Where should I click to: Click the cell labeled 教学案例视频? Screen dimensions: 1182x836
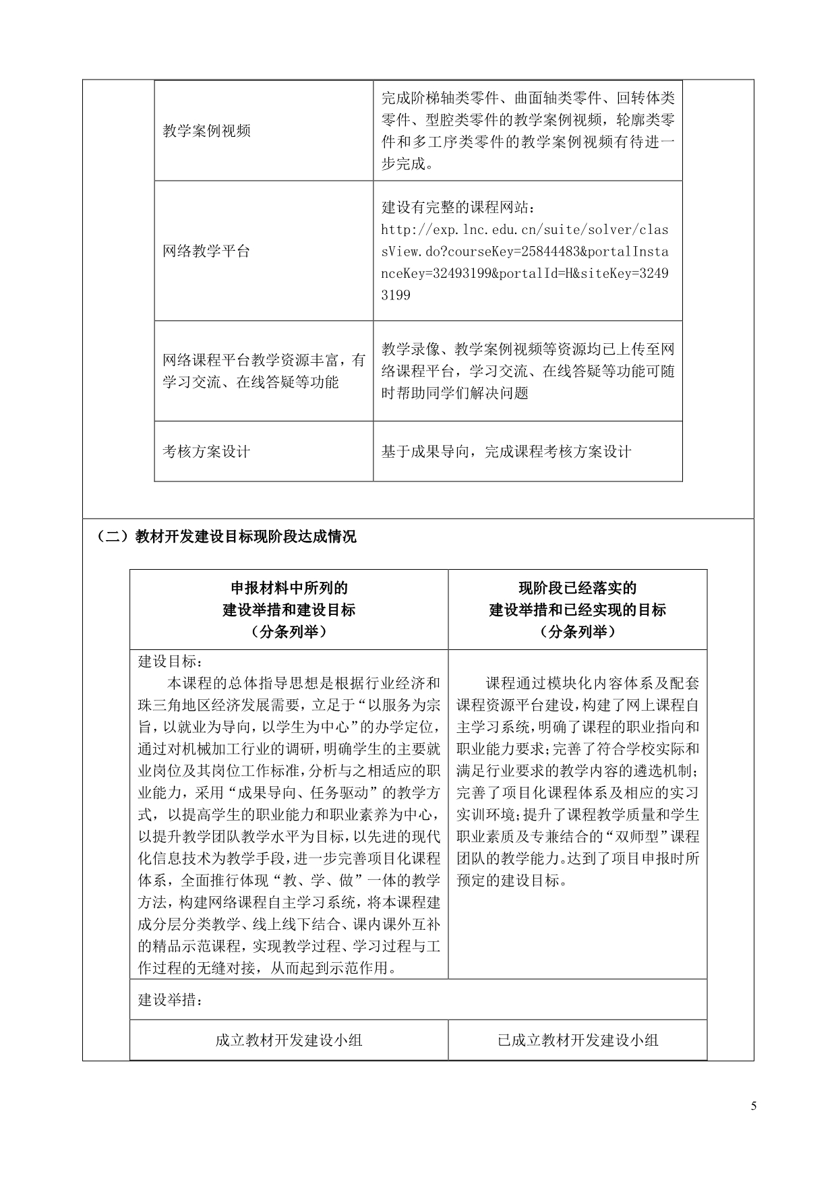[x=206, y=131]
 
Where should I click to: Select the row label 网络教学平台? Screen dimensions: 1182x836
[x=206, y=252]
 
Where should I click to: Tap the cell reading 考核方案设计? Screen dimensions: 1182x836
[x=206, y=452]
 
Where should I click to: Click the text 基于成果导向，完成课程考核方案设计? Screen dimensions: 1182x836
[x=506, y=452]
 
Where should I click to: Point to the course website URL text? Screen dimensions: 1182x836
[x=525, y=262]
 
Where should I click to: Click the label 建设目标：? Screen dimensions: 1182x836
[x=165, y=661]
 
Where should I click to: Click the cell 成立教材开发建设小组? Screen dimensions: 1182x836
[x=289, y=1040]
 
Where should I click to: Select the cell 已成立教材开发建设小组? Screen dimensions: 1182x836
[x=577, y=1040]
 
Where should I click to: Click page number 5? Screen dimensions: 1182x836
[x=754, y=1106]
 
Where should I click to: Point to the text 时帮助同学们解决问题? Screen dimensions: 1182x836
[x=455, y=393]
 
